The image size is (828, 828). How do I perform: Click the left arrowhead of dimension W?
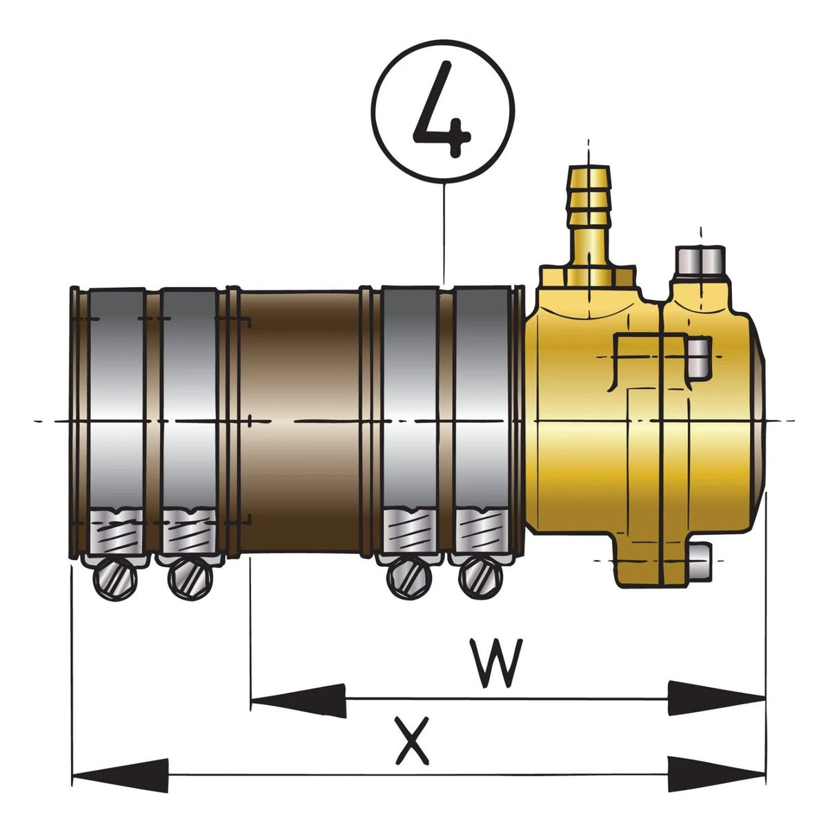coord(298,700)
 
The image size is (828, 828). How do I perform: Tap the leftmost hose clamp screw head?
coord(115,579)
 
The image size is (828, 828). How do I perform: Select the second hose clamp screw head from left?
coord(190,579)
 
